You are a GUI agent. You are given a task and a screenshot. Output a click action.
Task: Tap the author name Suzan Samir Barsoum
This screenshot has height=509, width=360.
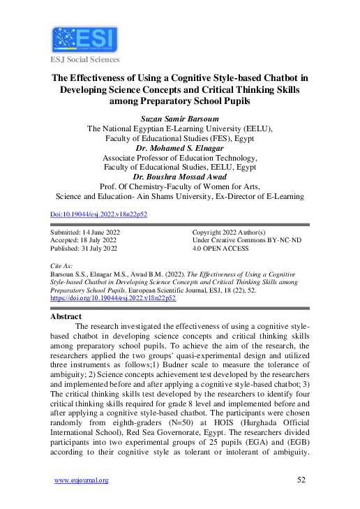coord(179,119)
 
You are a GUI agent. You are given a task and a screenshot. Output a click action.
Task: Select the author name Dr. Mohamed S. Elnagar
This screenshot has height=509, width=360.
coord(179,149)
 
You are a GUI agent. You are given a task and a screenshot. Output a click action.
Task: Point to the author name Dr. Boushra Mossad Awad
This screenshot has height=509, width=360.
coord(179,177)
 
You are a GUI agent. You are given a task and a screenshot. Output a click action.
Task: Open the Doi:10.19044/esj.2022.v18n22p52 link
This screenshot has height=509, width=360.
coord(99,215)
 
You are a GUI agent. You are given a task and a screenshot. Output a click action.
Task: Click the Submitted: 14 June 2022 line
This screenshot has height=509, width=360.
coord(84,231)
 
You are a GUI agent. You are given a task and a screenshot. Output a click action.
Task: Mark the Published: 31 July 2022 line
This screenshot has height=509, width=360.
coord(84,248)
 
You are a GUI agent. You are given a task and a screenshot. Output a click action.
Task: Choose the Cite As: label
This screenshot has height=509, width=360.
coord(61,267)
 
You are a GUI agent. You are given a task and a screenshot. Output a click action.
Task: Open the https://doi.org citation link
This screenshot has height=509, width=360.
coord(114,297)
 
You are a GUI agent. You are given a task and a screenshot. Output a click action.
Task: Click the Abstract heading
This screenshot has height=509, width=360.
coord(66,316)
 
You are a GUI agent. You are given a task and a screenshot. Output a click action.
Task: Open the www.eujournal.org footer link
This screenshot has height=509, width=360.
coord(81,480)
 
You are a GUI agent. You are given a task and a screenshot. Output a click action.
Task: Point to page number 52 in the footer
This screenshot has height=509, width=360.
coord(301,480)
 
